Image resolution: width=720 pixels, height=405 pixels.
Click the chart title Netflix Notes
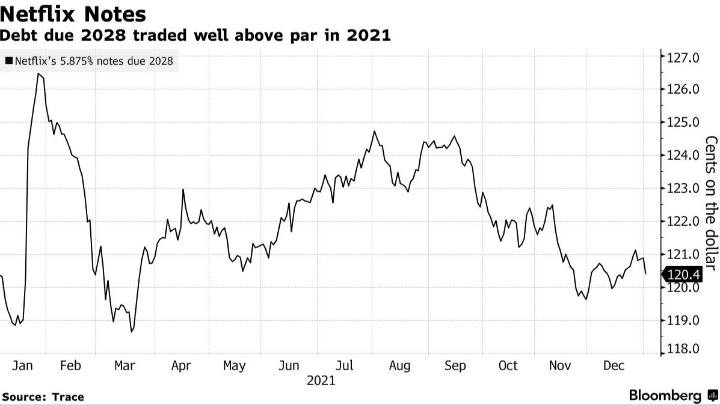click(74, 13)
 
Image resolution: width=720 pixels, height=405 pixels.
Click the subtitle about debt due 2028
click(195, 35)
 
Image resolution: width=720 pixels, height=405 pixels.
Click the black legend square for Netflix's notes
click(8, 61)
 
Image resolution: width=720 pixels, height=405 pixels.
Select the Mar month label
click(125, 366)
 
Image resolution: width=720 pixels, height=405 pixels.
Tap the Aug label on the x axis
click(400, 366)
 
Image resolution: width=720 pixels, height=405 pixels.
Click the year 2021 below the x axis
click(321, 380)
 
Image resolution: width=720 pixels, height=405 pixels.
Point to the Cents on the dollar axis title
click(710, 204)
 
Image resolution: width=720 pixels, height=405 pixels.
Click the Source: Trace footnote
click(43, 397)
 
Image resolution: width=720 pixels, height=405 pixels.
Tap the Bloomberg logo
click(673, 395)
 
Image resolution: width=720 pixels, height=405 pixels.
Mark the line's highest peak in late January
click(38, 74)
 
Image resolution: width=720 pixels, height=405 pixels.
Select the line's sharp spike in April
click(183, 190)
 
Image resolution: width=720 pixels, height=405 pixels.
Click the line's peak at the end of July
click(374, 131)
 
